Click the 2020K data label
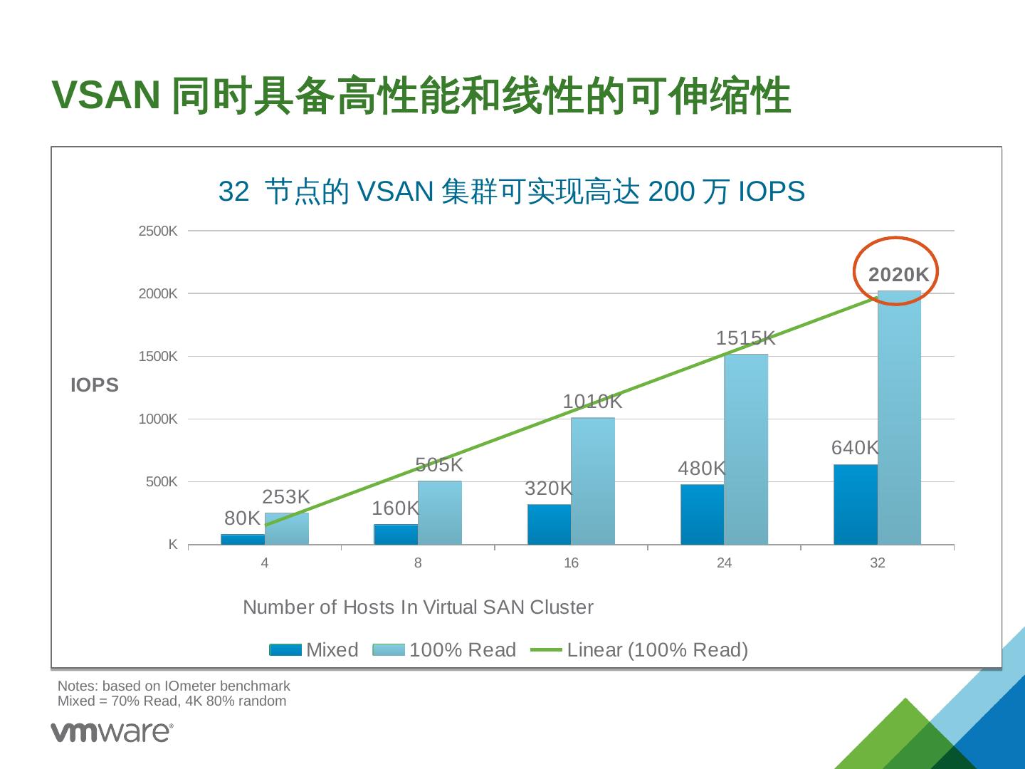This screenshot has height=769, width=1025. [898, 275]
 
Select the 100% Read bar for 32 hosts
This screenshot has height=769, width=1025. [899, 420]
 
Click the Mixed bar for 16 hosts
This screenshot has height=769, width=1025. [549, 524]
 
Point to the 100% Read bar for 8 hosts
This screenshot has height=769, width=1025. [439, 513]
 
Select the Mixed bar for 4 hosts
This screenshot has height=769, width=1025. [243, 539]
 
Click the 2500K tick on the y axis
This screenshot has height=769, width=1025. [158, 231]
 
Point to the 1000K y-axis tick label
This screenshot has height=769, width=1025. [158, 419]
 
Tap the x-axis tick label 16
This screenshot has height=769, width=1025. [571, 563]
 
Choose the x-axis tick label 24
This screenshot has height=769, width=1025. [724, 563]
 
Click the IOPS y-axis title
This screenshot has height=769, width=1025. [95, 385]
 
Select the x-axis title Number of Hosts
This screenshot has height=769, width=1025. [418, 607]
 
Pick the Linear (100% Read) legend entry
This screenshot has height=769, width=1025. [641, 650]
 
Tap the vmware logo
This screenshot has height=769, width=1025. [112, 732]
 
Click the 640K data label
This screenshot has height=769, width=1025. [855, 448]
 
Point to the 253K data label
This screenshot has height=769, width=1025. [286, 497]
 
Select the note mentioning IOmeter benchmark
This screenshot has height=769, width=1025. [174, 686]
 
